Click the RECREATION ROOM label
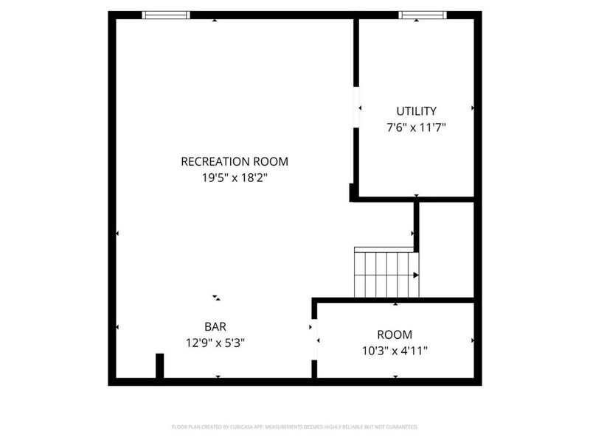coord(235,161)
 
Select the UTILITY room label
coord(417,111)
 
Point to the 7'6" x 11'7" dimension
coord(417,127)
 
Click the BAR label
coord(215,326)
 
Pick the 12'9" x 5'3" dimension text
coord(215,342)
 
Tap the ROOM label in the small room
coord(395,334)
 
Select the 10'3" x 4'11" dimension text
coord(395,351)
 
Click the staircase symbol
coord(386,273)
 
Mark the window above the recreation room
coord(166,15)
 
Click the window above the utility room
coord(423,15)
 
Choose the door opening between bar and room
coord(315,340)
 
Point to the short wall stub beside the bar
coord(159,366)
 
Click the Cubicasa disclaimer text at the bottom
coord(295,427)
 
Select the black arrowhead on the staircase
coord(416,275)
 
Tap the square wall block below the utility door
coord(353,193)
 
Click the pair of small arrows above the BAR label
coord(216,298)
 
